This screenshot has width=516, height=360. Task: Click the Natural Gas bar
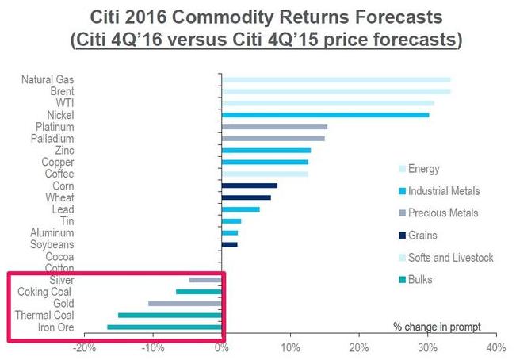pos(336,79)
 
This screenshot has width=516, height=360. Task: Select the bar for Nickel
pos(325,115)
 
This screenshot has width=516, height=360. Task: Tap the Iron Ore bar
pos(164,327)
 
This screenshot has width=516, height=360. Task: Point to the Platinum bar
pos(274,127)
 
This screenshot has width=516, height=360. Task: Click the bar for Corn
pos(250,186)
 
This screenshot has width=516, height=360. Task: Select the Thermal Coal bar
pos(170,315)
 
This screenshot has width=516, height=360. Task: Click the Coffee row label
pos(59,174)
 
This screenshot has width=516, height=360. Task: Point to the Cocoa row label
pos(59,256)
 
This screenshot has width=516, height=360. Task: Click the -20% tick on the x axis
pos(85,347)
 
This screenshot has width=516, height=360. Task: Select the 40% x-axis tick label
pos(495,347)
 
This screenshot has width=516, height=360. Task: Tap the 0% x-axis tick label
pos(222,347)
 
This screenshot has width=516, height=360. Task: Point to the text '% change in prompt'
pos(437,327)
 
